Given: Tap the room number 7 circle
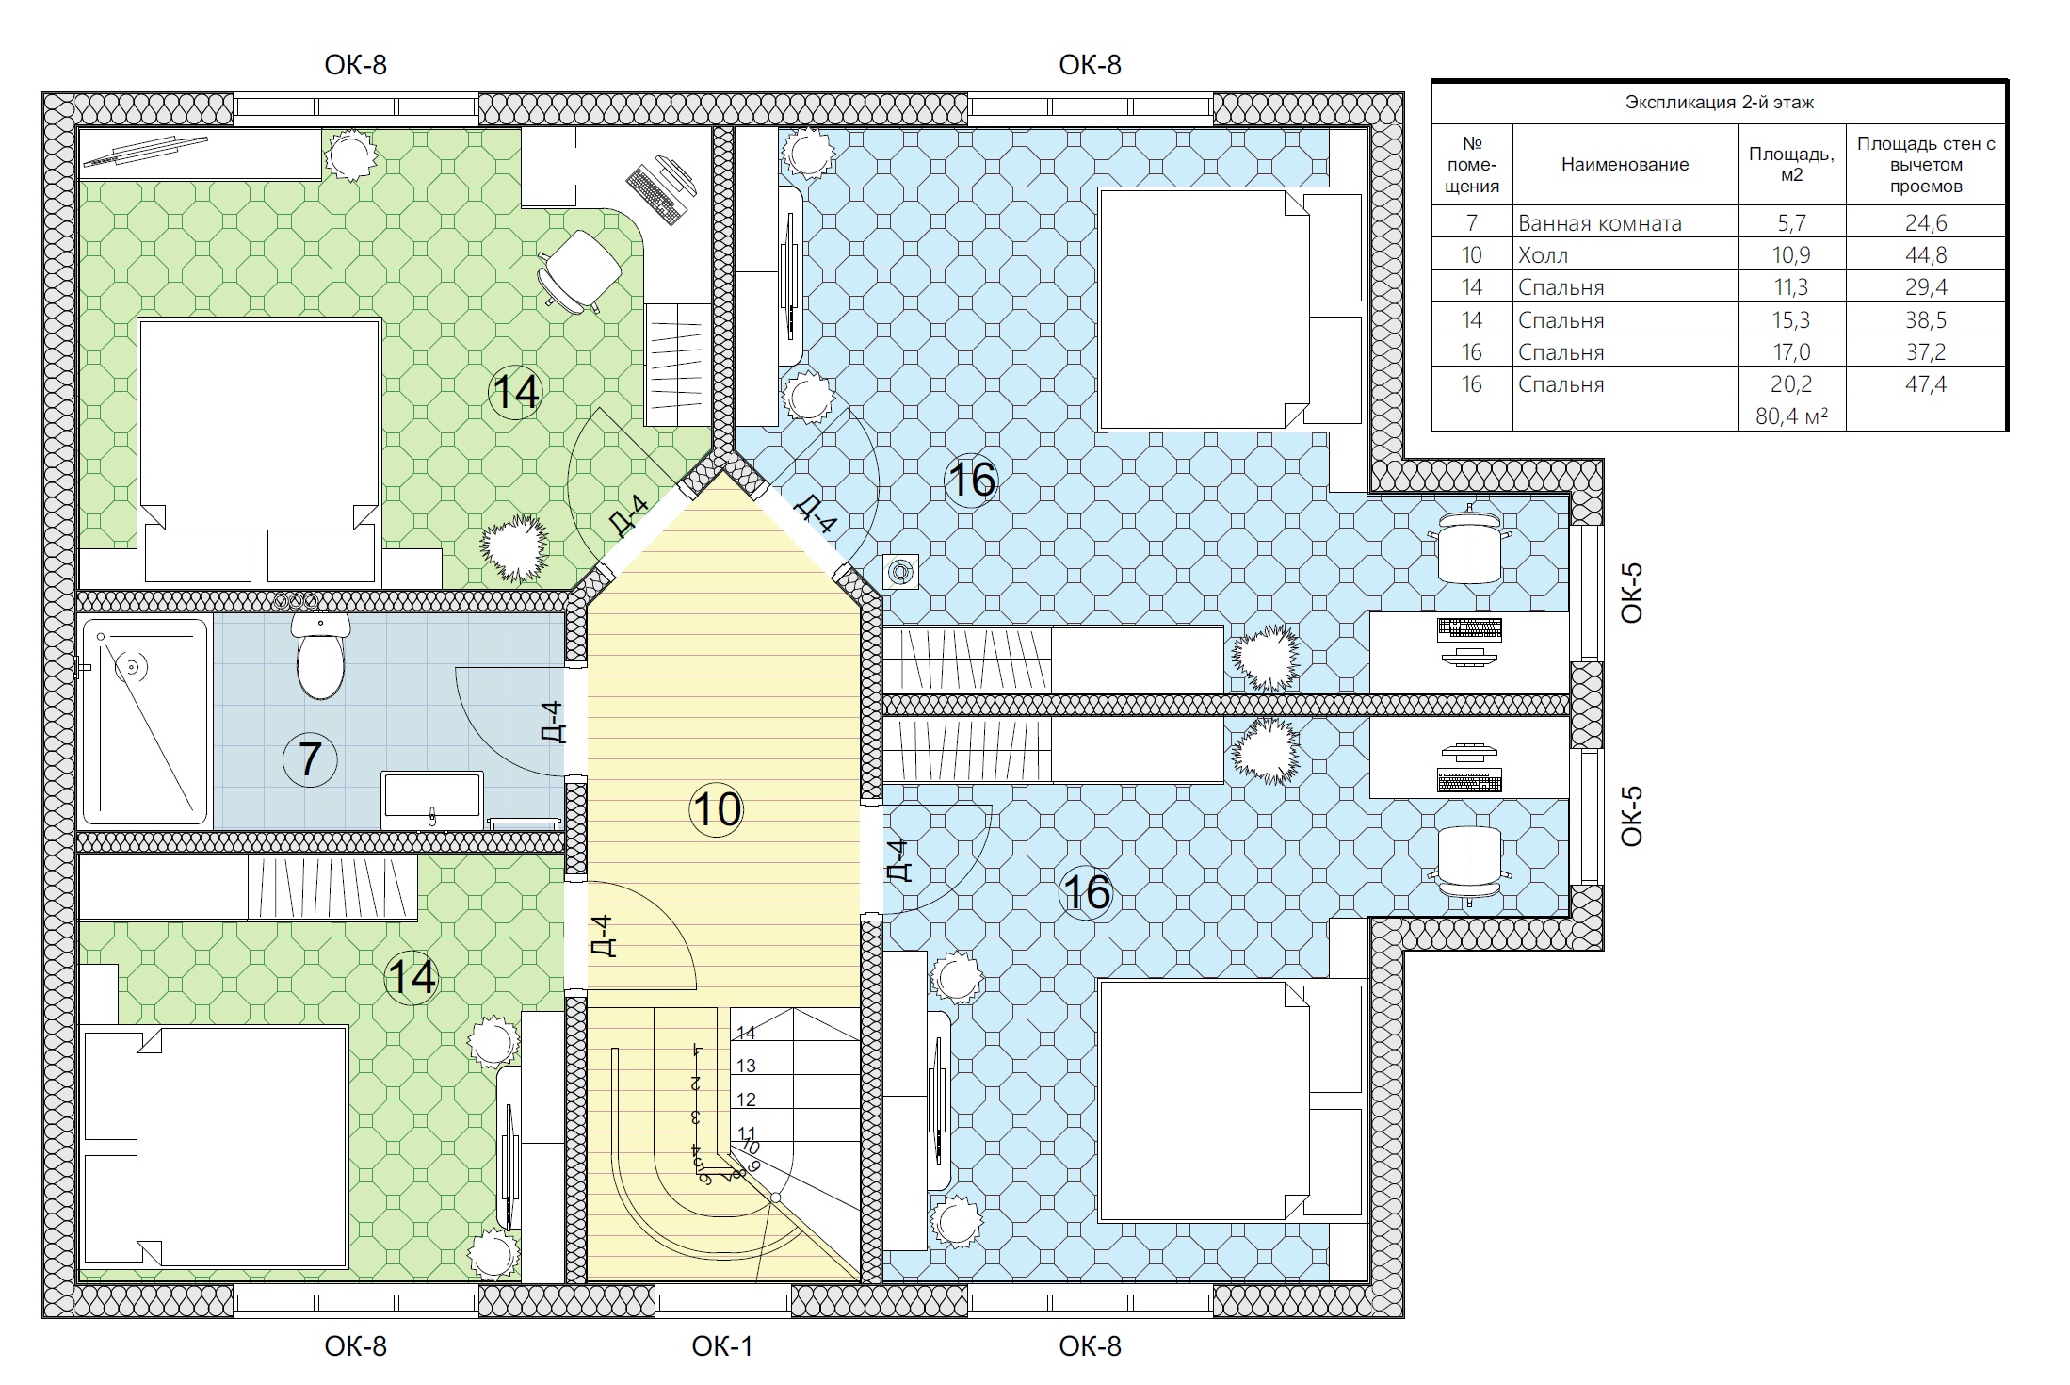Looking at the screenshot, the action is click(310, 759).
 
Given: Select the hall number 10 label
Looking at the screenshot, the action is click(717, 809).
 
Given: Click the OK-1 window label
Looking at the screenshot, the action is click(722, 1346).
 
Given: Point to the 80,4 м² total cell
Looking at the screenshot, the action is click(1791, 415).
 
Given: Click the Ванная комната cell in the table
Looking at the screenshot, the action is click(1599, 223).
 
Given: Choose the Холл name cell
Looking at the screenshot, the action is click(1543, 255).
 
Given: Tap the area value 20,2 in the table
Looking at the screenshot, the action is click(1791, 383).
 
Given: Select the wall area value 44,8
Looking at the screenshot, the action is click(1926, 255).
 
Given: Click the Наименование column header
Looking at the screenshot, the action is click(1625, 165).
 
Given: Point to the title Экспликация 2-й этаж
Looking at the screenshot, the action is click(1719, 103).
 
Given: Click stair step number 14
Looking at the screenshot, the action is click(746, 1034).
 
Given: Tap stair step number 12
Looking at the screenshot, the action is click(746, 1100).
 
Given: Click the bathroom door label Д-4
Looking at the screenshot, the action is click(553, 722).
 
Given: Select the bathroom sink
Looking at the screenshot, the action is click(432, 800).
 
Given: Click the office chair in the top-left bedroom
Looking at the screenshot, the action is click(579, 270).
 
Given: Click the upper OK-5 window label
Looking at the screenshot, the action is click(1631, 593).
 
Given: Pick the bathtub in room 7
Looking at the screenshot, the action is click(145, 722).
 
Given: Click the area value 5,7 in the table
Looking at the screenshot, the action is click(1791, 223).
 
